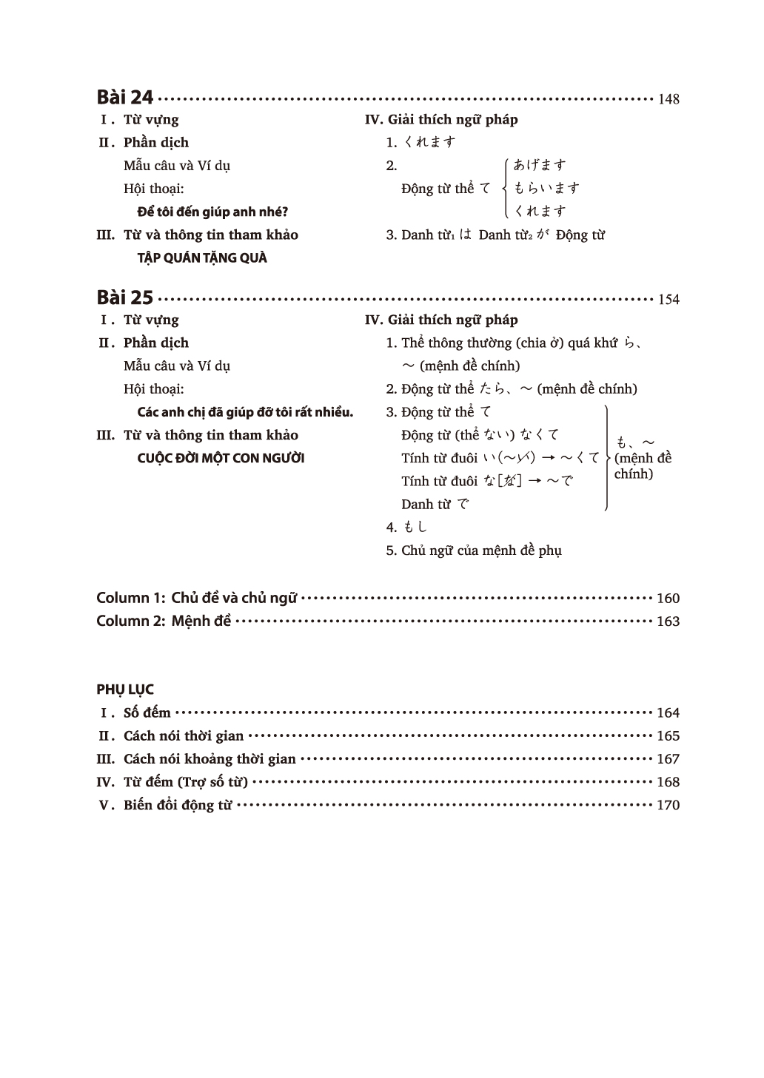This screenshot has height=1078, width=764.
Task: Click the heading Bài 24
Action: [124, 97]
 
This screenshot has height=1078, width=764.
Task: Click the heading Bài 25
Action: [124, 297]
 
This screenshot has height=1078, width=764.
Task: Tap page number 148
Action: [668, 99]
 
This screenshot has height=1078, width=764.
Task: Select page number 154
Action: [668, 300]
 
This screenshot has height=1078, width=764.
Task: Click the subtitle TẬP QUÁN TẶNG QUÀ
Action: [202, 257]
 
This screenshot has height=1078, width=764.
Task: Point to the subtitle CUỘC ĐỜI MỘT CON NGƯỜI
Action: [221, 458]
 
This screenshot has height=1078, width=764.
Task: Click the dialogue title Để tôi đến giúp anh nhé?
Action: [212, 212]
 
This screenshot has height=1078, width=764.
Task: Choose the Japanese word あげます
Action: [540, 165]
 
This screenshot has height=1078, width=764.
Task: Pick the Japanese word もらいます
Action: [546, 188]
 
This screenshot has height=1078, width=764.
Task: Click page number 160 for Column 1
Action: [668, 599]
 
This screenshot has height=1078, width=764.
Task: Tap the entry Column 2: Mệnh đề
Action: [164, 621]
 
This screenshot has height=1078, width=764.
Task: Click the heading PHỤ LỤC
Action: [125, 690]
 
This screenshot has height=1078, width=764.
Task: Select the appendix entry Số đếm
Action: [147, 713]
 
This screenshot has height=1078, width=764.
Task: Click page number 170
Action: [668, 805]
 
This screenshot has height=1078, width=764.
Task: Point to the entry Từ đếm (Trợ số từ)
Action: [185, 781]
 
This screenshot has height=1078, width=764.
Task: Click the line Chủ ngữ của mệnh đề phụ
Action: [480, 550]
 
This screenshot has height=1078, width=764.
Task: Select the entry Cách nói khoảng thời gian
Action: [210, 758]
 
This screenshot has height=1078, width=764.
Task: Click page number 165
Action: [668, 736]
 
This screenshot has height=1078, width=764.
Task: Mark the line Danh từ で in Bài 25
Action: [435, 504]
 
